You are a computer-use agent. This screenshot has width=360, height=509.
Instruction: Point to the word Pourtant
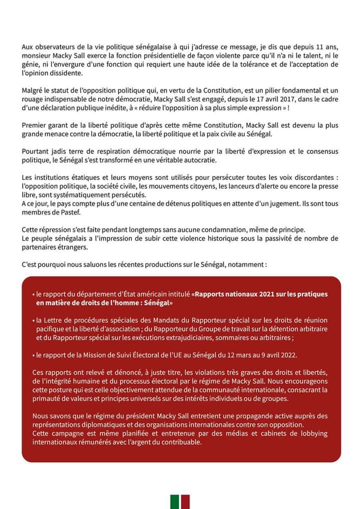[x=36, y=151]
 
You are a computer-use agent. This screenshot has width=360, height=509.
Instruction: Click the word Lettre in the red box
[x=54, y=320]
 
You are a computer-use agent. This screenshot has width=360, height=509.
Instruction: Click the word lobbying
[x=309, y=433]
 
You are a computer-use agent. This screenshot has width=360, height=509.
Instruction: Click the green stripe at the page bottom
[x=174, y=501]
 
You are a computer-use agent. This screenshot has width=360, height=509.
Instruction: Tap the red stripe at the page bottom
[x=185, y=501]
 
